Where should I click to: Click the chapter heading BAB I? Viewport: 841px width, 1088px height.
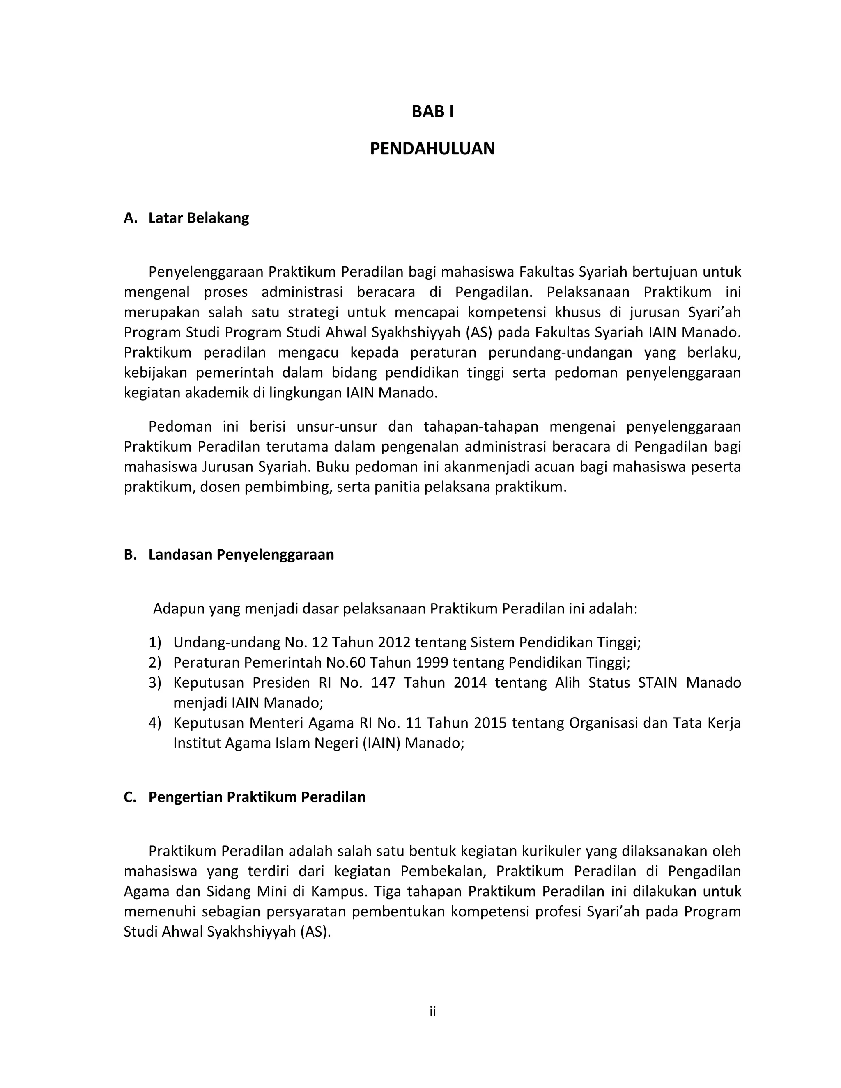coord(432,112)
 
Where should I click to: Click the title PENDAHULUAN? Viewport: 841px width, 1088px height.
coord(432,149)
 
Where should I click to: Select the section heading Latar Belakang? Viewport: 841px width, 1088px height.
coord(198,218)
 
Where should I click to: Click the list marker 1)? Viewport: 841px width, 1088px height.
coord(155,643)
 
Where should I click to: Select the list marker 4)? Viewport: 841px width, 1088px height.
coord(155,723)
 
